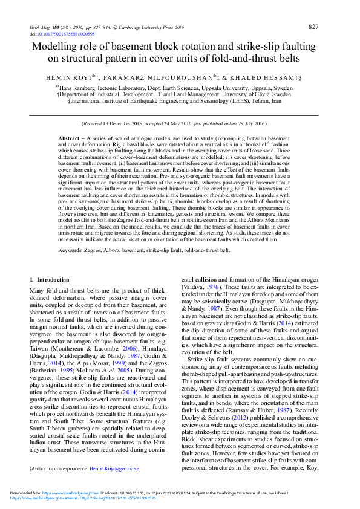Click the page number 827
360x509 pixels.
coord(313,27)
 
